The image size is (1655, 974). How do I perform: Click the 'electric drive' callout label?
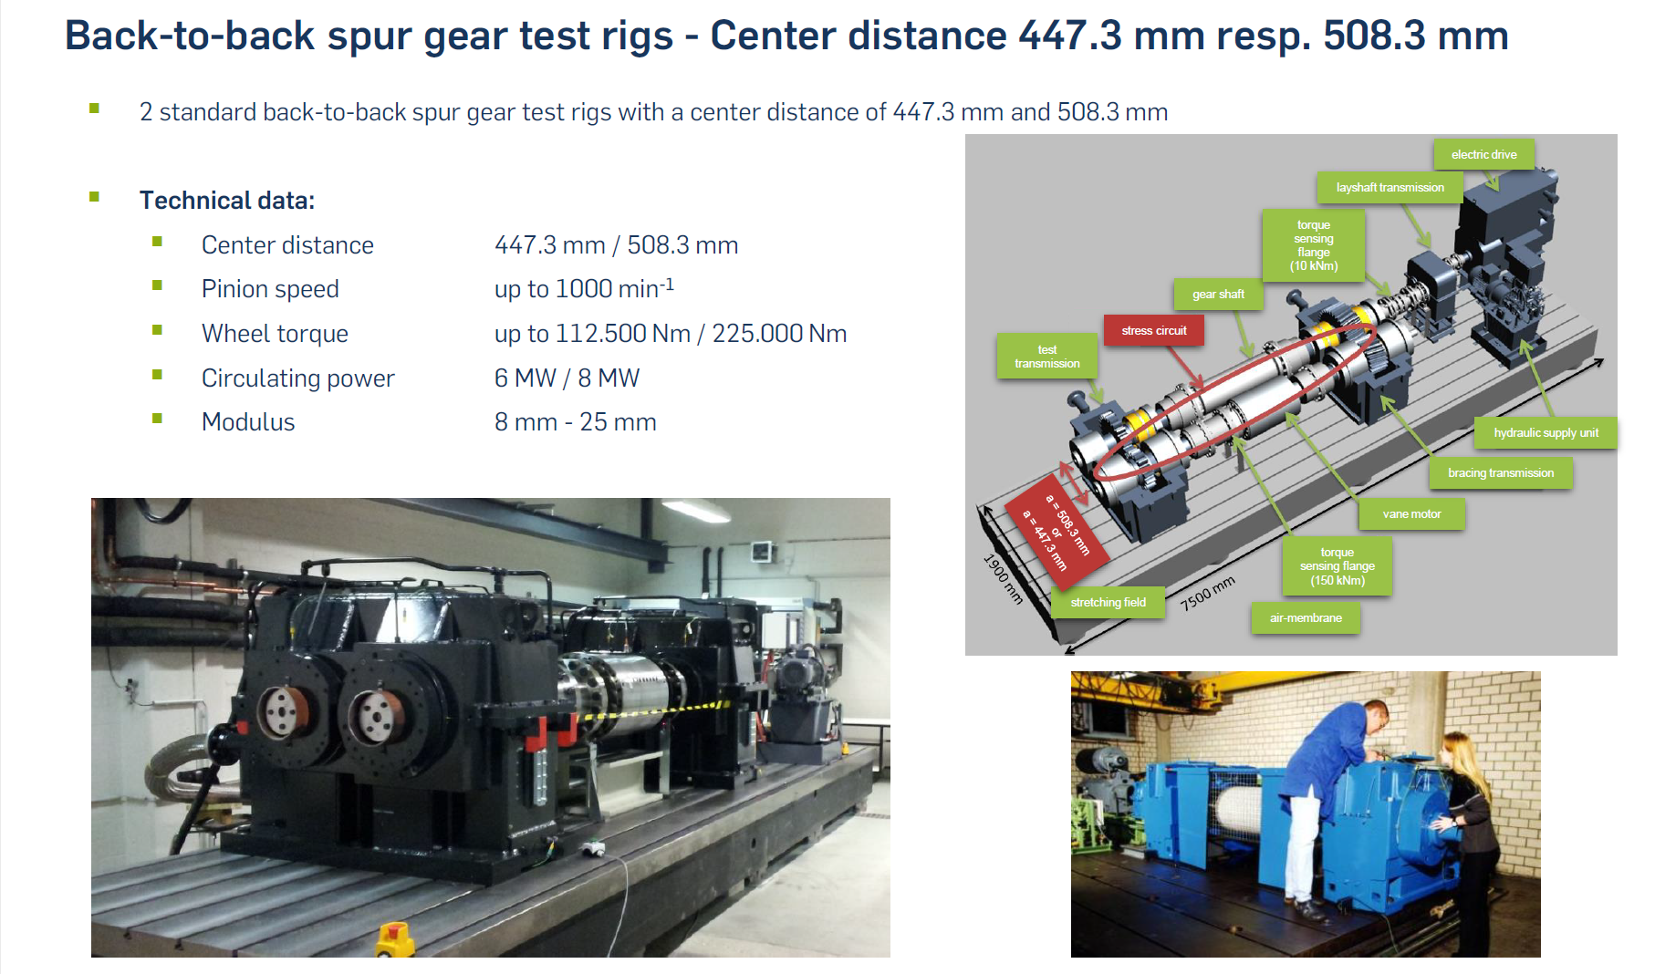click(1483, 154)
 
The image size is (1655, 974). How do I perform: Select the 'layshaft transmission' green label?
click(1390, 187)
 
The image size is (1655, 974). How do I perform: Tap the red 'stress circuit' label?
click(1154, 330)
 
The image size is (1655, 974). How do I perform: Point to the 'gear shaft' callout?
click(1218, 294)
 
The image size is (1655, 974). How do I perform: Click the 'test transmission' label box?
click(1047, 357)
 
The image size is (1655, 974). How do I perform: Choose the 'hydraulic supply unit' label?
click(1546, 432)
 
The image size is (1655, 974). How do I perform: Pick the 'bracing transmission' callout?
click(1501, 472)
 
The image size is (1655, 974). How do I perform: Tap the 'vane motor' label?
click(1411, 513)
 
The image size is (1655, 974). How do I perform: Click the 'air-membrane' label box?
click(1306, 617)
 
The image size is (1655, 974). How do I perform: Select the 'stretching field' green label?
click(1108, 602)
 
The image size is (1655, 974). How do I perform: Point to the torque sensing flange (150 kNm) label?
click(1338, 565)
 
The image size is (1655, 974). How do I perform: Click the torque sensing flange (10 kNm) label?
click(1314, 245)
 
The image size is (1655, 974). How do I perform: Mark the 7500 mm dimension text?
click(1207, 593)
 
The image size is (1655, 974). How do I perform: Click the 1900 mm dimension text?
click(1003, 578)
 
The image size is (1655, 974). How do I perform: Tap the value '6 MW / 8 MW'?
click(567, 378)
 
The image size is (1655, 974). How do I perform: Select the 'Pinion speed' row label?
click(270, 289)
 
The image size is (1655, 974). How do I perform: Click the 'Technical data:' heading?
click(227, 200)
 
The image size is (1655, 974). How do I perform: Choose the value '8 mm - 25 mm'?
click(575, 422)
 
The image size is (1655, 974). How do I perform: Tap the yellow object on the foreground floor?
click(394, 939)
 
